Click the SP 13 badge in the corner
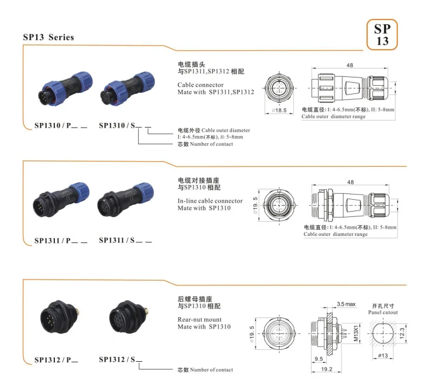[382, 34]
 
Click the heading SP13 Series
[48, 38]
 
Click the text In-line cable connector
[210, 201]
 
